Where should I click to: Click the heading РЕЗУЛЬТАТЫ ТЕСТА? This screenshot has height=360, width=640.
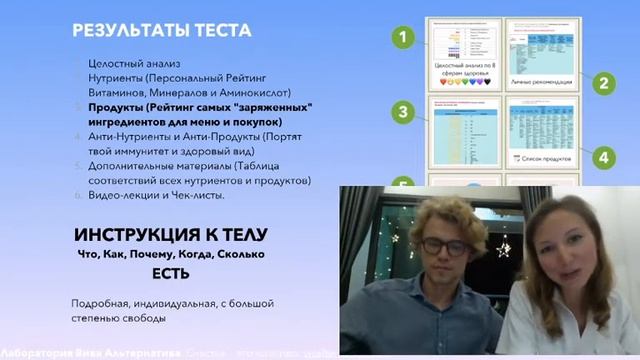(148, 29)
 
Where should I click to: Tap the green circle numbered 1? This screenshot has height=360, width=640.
(401, 38)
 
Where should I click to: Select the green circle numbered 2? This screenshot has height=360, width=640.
(604, 84)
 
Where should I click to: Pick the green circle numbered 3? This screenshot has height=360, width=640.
(401, 112)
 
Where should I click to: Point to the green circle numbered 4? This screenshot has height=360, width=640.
(604, 157)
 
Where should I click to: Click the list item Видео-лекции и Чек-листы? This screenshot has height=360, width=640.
(156, 194)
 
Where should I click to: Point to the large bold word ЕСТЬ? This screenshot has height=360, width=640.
(170, 271)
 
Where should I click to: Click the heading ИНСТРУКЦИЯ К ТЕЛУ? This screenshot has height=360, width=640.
(170, 236)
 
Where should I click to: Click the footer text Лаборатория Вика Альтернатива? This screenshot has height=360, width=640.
(71, 352)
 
